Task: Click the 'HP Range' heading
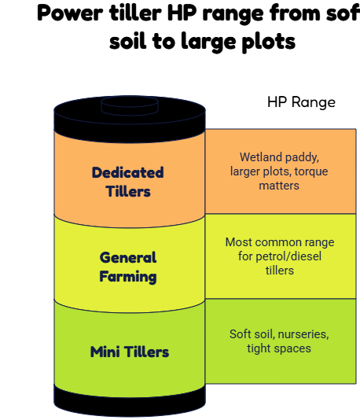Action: pos(301,102)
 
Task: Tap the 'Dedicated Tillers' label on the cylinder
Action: pos(128,182)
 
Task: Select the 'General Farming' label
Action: pos(128,267)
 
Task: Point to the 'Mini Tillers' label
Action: pos(130,352)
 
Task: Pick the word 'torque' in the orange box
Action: pos(311,172)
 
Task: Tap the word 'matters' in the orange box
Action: pos(279,186)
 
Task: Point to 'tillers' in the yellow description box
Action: pos(280,271)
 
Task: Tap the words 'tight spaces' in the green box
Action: pos(279,348)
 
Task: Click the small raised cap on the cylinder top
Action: pos(130,106)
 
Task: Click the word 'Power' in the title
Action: pos(70,13)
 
